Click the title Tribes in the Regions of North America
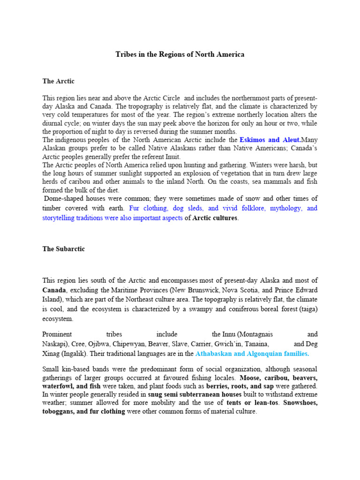coord(180,55)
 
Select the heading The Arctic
coord(58,81)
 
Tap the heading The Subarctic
coord(63,249)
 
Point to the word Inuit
coord(172,157)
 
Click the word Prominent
coord(57,334)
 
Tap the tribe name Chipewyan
coord(129,344)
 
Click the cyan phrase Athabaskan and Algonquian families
coord(252,353)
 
